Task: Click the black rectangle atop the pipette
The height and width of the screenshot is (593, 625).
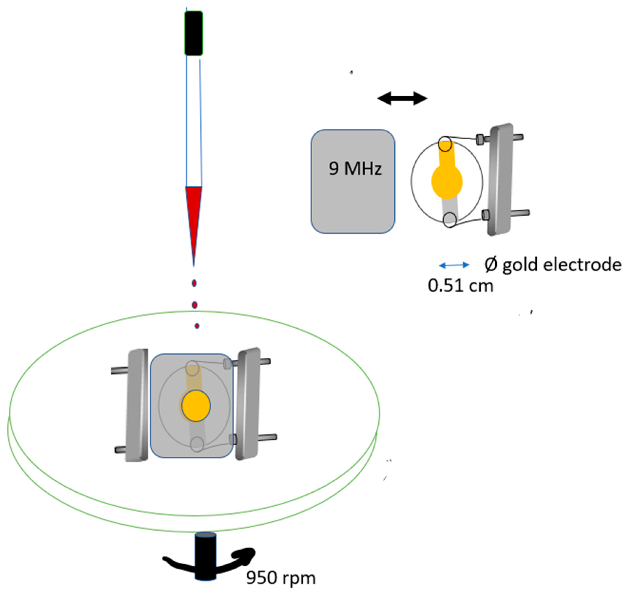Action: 193,33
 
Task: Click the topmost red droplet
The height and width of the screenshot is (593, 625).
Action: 194,283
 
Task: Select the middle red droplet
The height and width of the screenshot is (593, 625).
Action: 195,305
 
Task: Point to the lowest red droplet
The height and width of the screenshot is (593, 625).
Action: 197,326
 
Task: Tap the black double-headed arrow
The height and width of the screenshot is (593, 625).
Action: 402,98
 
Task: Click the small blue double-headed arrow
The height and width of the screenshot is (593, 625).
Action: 454,265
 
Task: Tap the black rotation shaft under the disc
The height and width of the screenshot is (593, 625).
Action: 205,560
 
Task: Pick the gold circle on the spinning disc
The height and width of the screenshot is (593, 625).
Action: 196,406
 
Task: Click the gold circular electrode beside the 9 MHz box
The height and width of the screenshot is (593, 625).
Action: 447,182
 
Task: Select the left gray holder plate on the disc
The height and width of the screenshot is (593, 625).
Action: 137,406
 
